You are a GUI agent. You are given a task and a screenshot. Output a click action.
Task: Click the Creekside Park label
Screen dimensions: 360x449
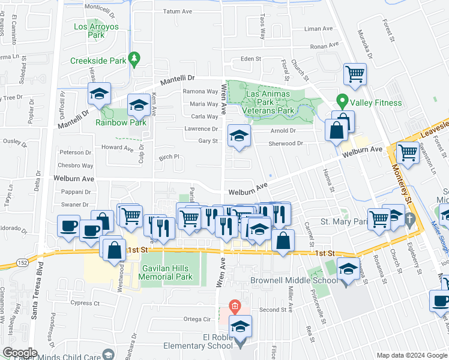point(98,61)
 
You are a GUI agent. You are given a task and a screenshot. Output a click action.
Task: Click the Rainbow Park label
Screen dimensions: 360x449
point(121,122)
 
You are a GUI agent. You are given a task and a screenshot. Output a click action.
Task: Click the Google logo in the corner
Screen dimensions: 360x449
point(19,353)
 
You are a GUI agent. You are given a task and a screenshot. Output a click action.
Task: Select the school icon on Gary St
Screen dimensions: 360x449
point(239,137)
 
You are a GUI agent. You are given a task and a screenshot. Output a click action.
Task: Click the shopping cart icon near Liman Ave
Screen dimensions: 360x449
point(355,74)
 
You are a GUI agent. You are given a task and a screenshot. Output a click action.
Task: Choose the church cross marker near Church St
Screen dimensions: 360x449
point(410,219)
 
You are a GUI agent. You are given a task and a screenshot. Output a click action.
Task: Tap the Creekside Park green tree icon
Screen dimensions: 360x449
point(136,58)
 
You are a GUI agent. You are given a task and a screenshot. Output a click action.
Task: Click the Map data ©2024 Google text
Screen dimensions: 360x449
point(412,355)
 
